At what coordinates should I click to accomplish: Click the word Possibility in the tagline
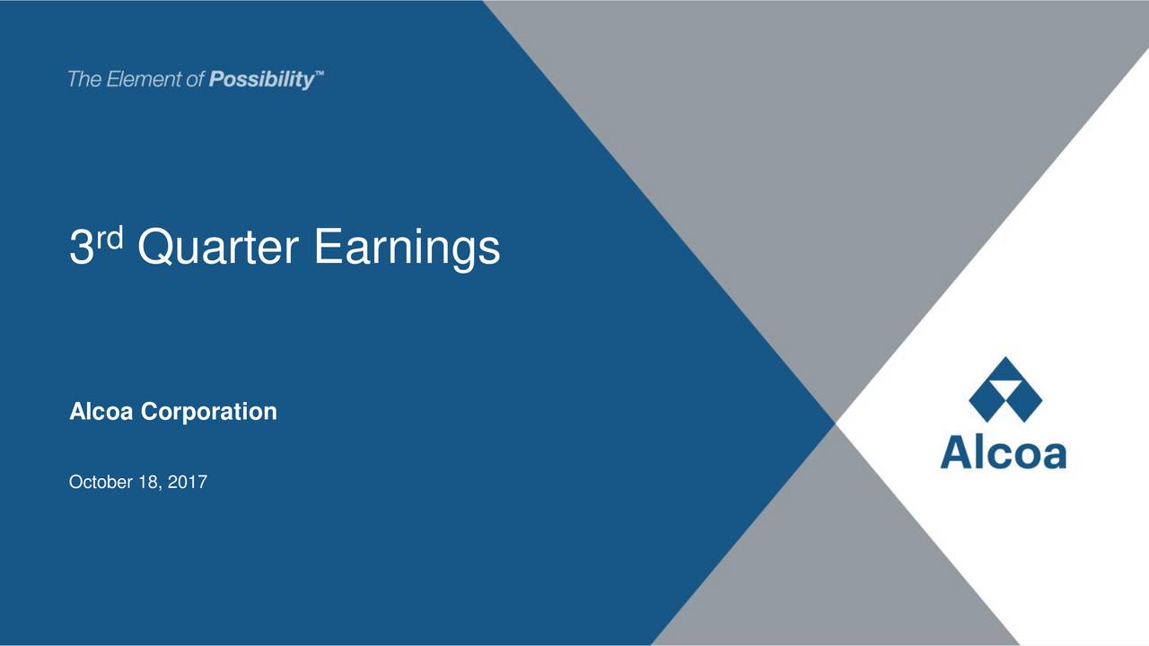pyautogui.click(x=261, y=81)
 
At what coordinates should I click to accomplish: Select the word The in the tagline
pyautogui.click(x=85, y=80)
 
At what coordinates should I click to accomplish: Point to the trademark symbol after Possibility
pyautogui.click(x=320, y=76)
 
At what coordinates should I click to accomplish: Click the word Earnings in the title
pyautogui.click(x=407, y=249)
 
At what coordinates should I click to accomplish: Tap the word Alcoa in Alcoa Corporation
pyautogui.click(x=102, y=412)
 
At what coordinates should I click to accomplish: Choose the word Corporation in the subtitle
pyautogui.click(x=209, y=413)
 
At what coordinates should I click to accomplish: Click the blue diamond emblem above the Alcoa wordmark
pyautogui.click(x=1004, y=390)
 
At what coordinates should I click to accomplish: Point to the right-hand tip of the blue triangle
pyautogui.click(x=833, y=421)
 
